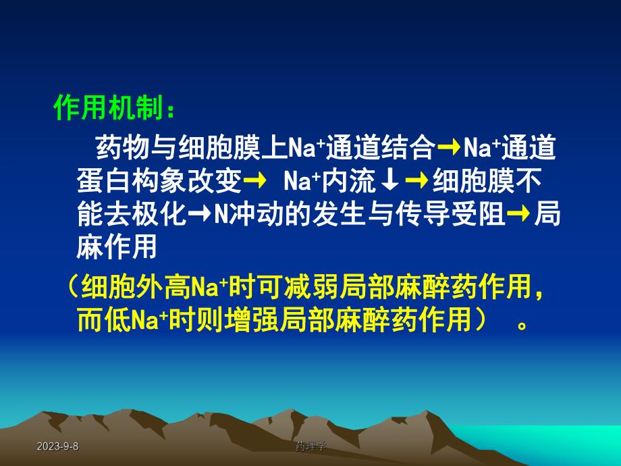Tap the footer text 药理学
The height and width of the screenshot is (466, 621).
click(x=311, y=446)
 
